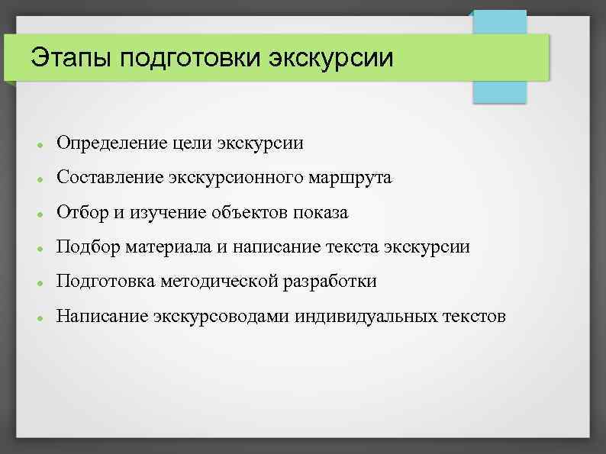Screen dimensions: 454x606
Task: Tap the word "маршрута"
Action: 354,178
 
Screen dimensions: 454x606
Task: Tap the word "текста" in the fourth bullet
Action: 350,247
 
